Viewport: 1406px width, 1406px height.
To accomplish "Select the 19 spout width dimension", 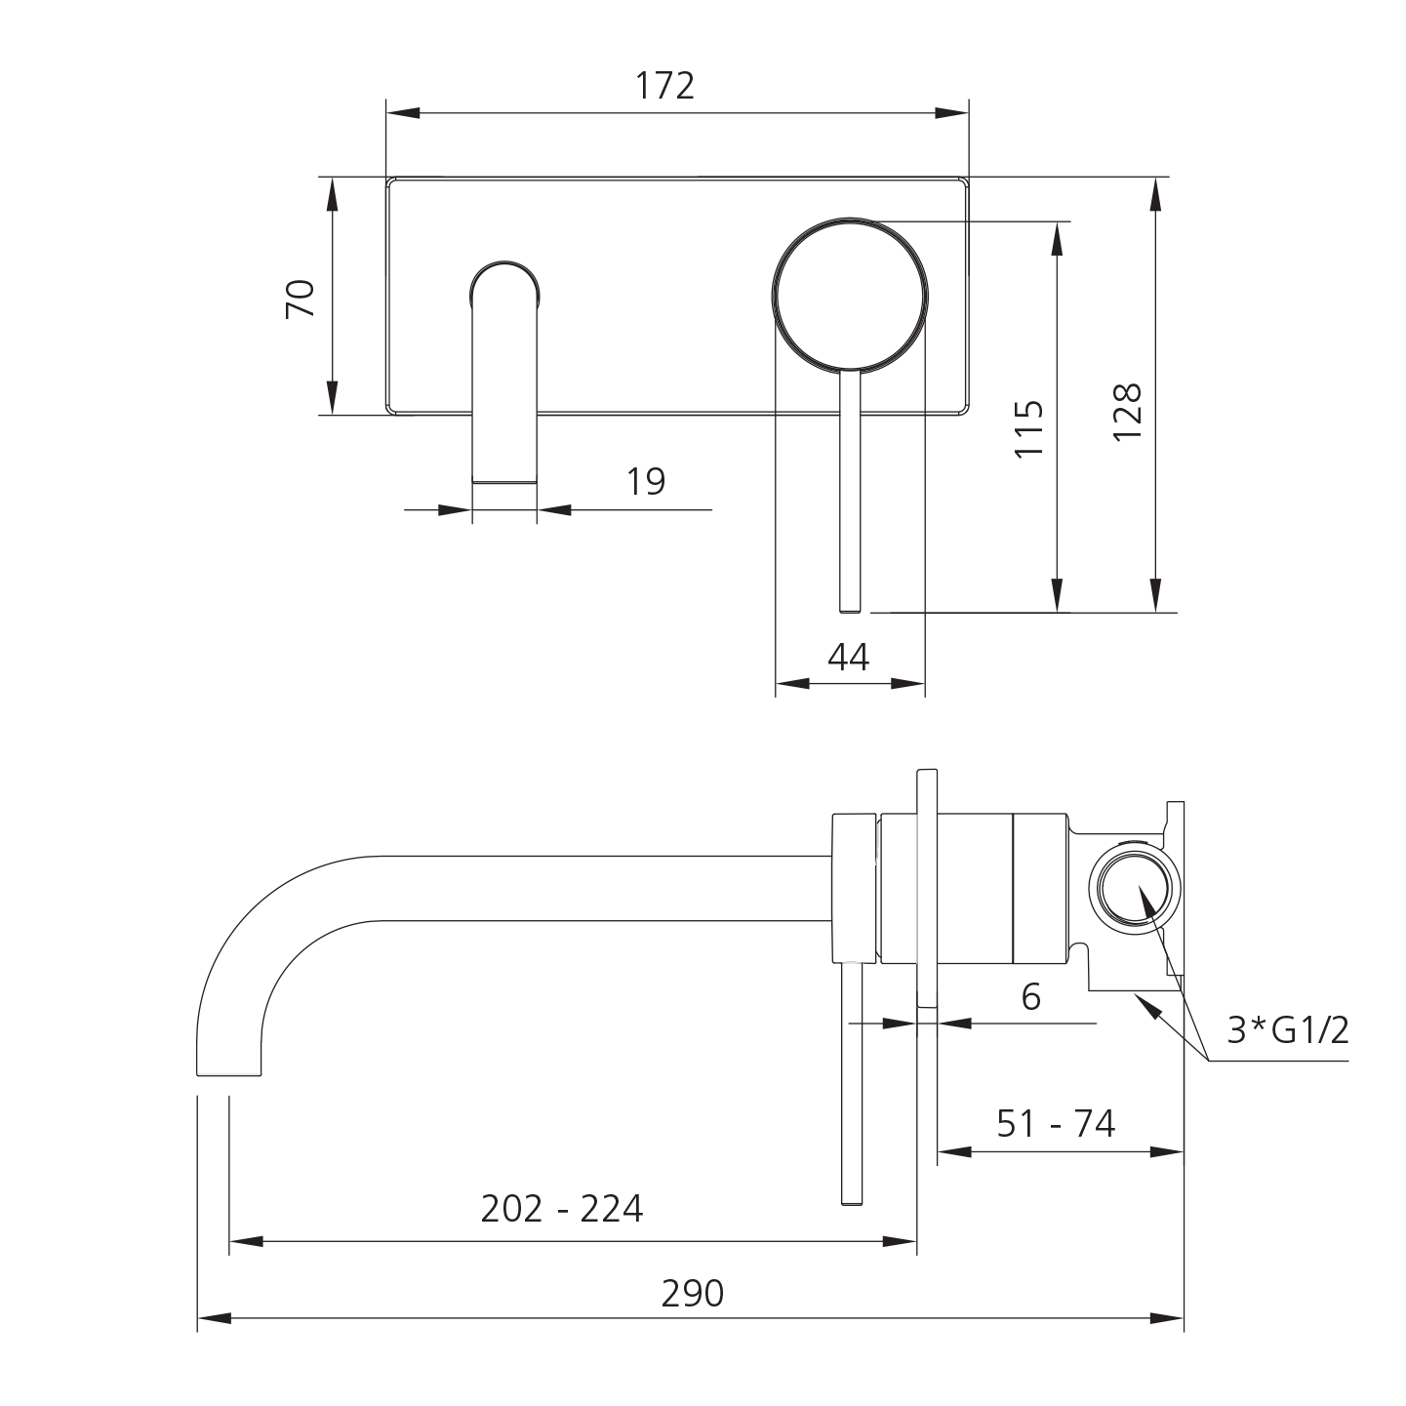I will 646,481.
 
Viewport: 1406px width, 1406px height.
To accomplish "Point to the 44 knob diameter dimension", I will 848,658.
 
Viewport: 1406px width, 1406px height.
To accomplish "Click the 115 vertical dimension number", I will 1029,428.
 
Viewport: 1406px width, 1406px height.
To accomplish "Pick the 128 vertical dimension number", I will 1127,411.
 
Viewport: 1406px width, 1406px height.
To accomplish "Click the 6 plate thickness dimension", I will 1030,996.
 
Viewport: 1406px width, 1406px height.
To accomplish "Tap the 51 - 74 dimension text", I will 1056,1124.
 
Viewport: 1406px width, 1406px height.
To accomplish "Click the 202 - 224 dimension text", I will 562,1210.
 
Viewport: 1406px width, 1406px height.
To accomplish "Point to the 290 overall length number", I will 693,1294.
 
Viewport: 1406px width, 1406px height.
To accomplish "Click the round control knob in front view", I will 850,296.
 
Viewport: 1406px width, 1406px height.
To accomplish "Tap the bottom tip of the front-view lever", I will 850,610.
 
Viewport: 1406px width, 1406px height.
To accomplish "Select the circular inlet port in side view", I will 1133,888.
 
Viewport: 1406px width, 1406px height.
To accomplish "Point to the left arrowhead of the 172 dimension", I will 402,113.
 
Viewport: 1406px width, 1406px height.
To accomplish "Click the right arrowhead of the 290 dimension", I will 1169,1319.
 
